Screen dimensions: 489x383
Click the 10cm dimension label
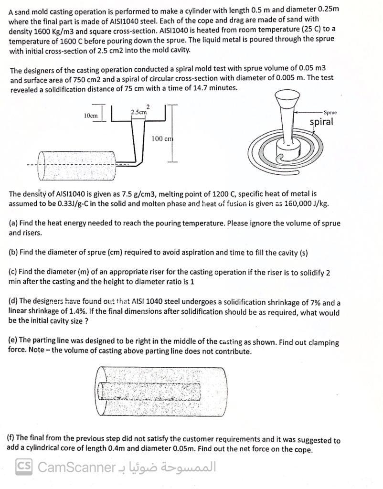click(90, 115)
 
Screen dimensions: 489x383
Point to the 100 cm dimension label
click(162, 138)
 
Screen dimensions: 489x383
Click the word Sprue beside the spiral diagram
click(330, 113)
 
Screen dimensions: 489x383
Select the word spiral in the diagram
click(321, 122)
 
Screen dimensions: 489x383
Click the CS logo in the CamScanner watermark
click(24, 466)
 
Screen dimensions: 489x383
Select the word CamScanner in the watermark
click(77, 467)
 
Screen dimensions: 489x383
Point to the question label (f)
click(12, 438)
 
